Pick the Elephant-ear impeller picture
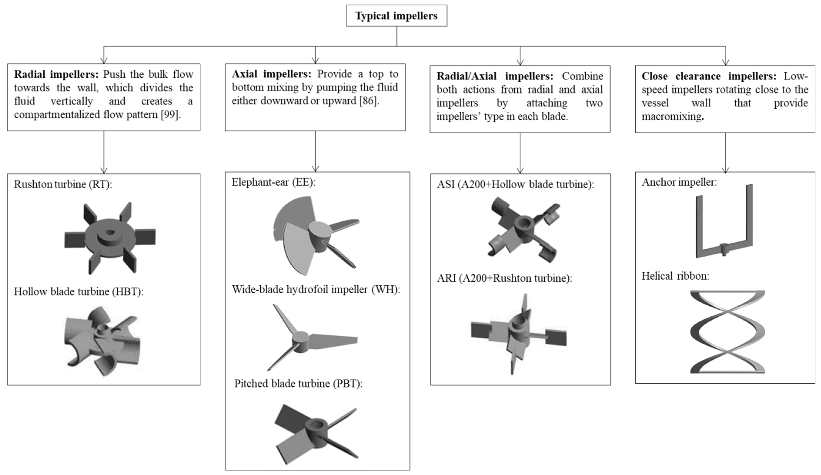(313, 234)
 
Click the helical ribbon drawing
(727, 332)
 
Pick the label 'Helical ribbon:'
(675, 276)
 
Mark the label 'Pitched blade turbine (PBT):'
(298, 384)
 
